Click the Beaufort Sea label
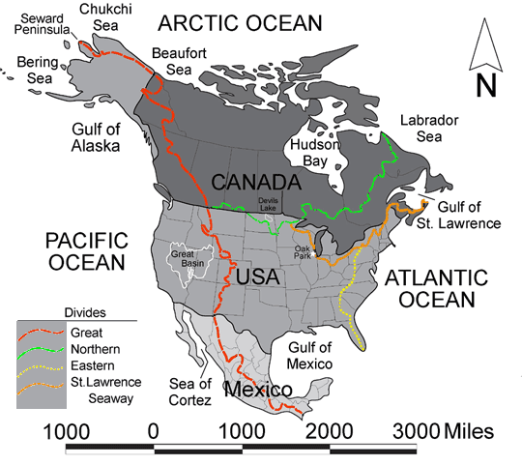tap(172, 61)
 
